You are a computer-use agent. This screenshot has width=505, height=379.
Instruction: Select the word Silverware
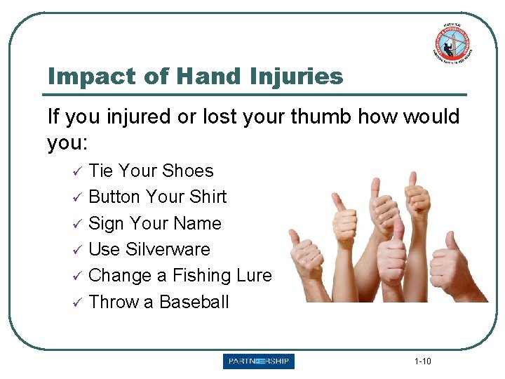[x=168, y=249]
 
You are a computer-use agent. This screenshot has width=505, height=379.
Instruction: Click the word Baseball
[x=194, y=302]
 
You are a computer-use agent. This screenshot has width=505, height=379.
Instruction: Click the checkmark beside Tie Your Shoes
[x=79, y=171]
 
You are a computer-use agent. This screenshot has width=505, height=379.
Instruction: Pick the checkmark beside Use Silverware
[x=79, y=250]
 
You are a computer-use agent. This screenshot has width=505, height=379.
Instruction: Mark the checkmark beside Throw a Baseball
[x=79, y=302]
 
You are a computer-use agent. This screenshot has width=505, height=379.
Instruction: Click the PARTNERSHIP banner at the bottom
[x=259, y=361]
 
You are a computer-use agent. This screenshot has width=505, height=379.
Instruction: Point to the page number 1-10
[x=423, y=361]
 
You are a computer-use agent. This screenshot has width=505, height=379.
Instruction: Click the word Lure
[x=254, y=276]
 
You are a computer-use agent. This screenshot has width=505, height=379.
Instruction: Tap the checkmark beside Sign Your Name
[x=79, y=224]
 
